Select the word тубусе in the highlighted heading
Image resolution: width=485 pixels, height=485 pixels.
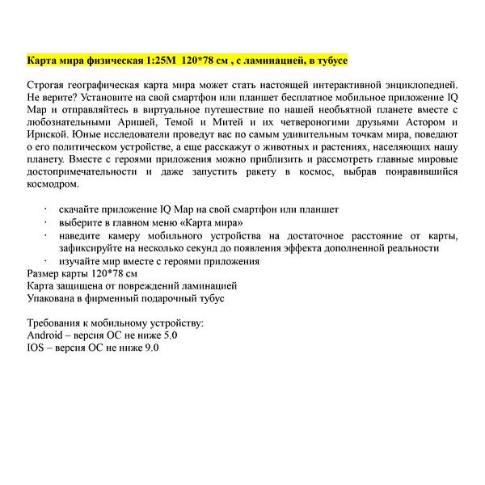point(329,61)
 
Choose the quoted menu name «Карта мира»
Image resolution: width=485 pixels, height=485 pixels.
point(206,221)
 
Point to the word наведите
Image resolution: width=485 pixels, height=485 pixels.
point(83,235)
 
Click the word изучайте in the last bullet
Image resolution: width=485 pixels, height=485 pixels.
point(83,261)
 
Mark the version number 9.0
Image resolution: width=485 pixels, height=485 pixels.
point(150,348)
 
